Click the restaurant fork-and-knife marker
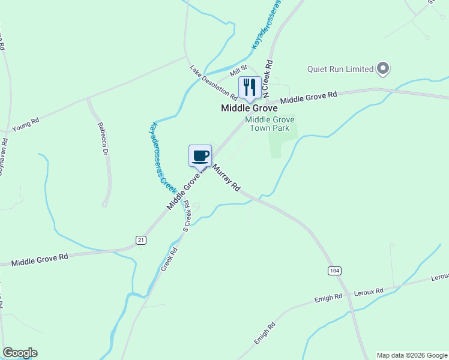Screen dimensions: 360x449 coord(249,88)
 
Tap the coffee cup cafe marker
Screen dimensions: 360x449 coord(200,156)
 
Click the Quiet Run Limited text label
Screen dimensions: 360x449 coord(340,69)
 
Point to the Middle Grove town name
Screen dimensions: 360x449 coord(249,109)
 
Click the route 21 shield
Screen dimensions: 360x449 coord(141,240)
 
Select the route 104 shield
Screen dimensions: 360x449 coord(335,271)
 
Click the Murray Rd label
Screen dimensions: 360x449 coord(226,178)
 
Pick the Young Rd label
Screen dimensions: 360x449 coord(25,125)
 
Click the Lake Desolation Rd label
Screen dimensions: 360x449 coord(214,83)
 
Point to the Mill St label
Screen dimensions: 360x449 coord(240,71)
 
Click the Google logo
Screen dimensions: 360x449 coord(20,353)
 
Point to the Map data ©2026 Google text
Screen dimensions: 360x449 coord(411,355)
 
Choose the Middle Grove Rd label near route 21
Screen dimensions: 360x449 coord(40,260)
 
